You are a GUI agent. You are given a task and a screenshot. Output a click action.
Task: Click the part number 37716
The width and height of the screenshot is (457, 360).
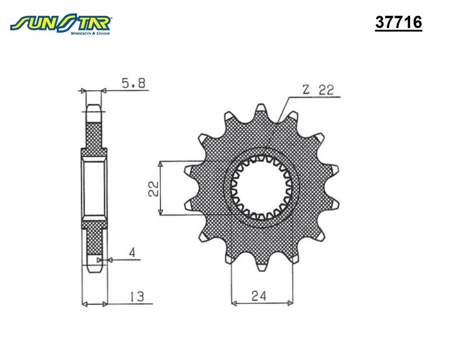coord(398,22)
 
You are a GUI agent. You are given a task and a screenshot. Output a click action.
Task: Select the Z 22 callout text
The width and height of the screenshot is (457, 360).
coord(318,90)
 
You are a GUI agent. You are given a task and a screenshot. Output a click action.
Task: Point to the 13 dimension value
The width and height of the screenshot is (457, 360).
coord(137,296)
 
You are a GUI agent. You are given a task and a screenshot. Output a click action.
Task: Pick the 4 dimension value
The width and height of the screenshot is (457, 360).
coord(132,253)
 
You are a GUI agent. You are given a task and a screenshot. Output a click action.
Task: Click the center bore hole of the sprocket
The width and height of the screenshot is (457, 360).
coord(261,188)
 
